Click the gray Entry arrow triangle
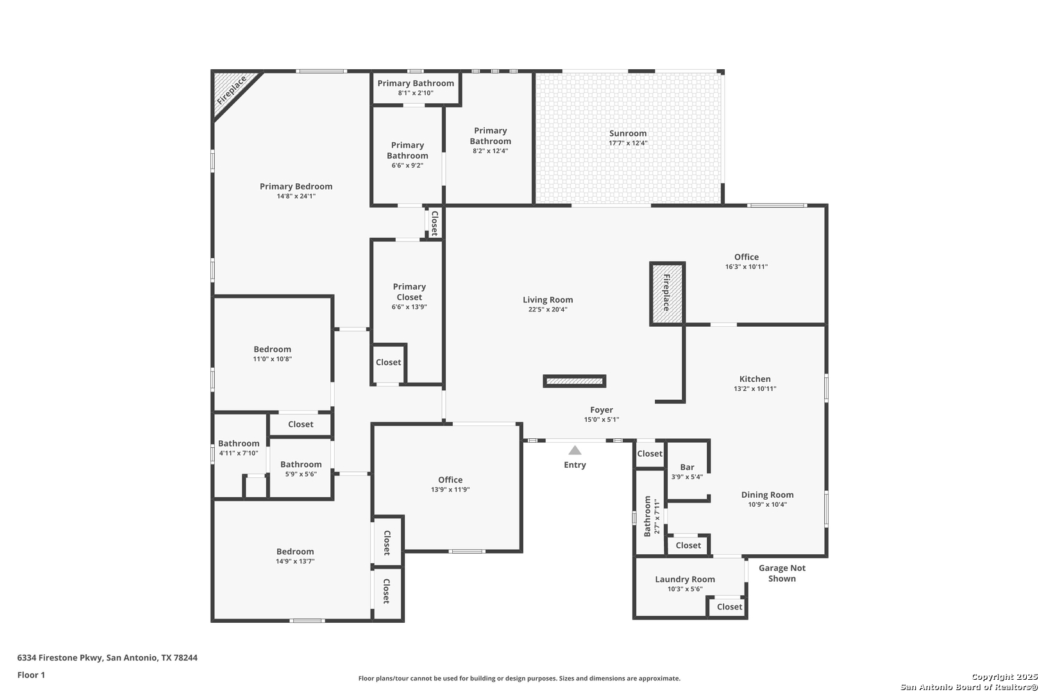575,450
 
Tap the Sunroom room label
628,133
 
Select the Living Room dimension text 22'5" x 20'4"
548,309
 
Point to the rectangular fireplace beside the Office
667,293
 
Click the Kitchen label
755,379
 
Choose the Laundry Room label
684,579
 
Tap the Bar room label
687,467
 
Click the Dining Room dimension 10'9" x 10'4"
767,505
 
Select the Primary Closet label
409,292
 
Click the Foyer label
602,410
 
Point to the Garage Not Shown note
782,573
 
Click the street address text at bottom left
107,657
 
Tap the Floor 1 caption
31,675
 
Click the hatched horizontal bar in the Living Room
574,381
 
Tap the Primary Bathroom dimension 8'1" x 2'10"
416,93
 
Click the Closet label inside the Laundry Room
729,607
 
